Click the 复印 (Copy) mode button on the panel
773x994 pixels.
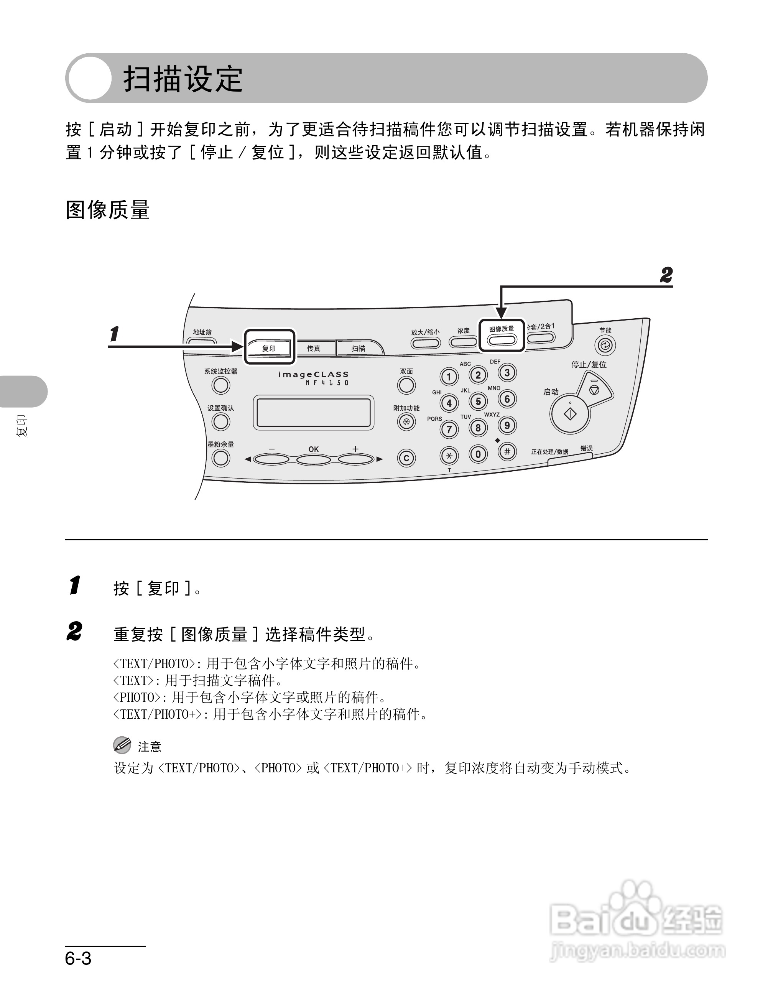coord(269,348)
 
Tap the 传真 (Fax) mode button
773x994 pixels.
coord(314,348)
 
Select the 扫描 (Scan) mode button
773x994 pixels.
coord(358,348)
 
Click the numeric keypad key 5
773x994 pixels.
coord(478,402)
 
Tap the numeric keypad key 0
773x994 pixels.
coord(478,454)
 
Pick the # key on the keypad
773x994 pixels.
coord(507,451)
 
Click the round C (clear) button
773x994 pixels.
coord(406,458)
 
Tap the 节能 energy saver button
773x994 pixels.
coord(605,346)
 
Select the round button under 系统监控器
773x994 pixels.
coord(220,385)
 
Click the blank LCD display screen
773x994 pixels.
coord(314,413)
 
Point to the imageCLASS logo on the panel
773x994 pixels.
coord(314,375)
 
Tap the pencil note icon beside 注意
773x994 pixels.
coord(122,745)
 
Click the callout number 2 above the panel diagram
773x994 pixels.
coord(666,275)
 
